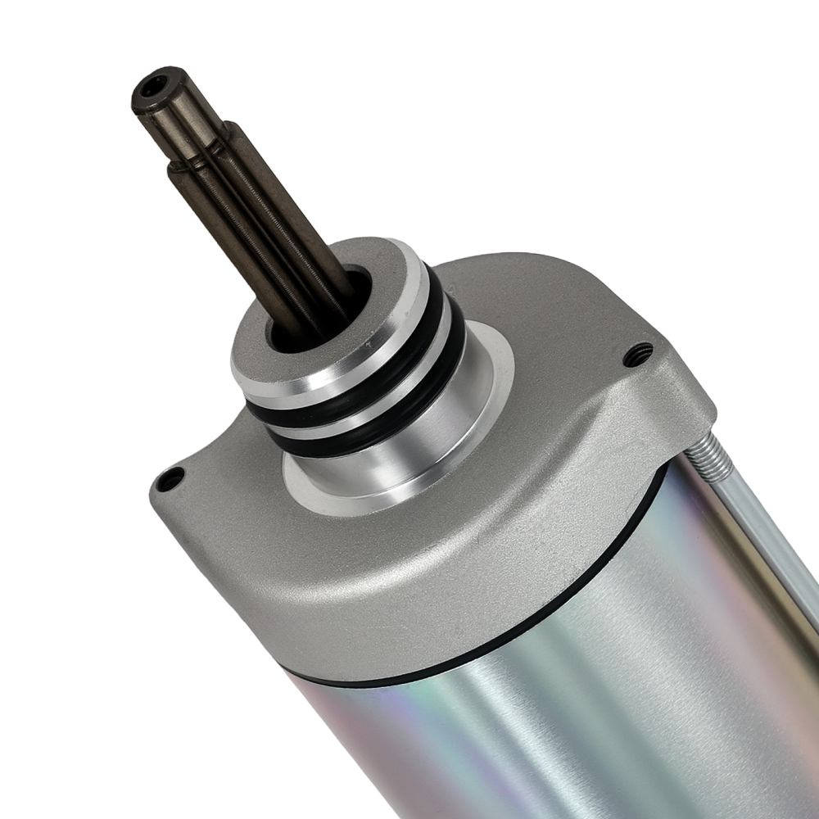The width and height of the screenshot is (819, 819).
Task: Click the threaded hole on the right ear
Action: (x=637, y=354)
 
